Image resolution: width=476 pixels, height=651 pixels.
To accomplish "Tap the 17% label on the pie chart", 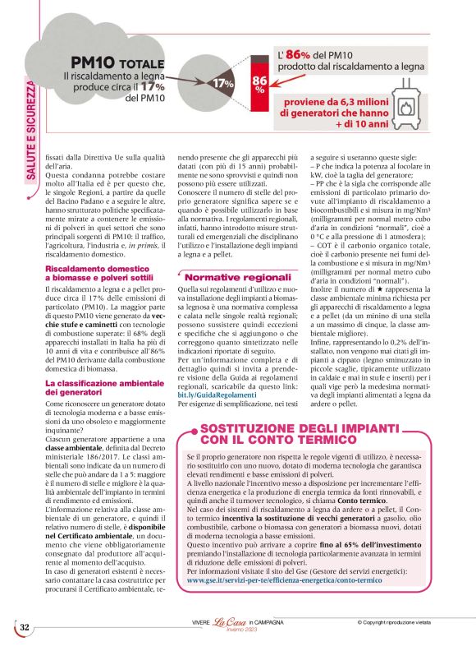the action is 224,84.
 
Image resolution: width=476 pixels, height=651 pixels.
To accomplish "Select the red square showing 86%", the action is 259,84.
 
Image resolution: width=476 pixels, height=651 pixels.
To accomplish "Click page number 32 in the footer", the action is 25,627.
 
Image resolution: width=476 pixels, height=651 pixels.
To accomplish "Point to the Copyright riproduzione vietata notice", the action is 408,622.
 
